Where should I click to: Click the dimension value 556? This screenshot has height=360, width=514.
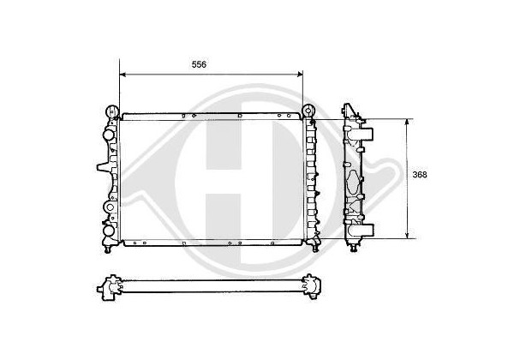pos(199,64)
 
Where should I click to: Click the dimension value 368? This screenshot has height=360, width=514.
pos(420,175)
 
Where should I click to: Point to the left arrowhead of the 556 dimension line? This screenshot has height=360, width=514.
pos(123,75)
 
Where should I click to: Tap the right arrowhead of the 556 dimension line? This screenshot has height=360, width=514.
pos(300,75)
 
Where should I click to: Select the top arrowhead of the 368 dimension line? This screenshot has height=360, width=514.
pos(407,122)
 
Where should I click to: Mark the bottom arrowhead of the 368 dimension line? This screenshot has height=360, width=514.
pos(407,235)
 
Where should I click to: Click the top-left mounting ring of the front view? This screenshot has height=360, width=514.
pos(112,111)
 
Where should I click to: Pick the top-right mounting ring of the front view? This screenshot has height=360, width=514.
pos(308,111)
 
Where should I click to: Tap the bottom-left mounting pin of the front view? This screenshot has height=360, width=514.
pos(107,249)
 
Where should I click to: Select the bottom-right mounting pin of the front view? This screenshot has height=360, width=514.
pos(315,249)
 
